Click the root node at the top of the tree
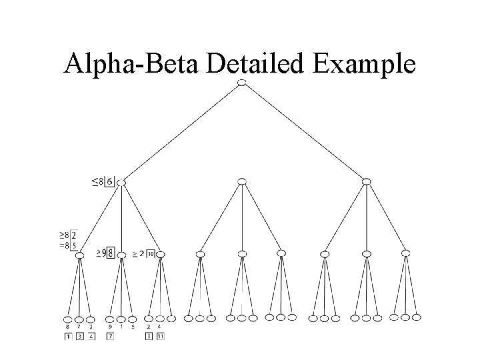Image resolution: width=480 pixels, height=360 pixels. point(242,82)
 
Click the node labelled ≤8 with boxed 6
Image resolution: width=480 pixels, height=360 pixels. point(121,182)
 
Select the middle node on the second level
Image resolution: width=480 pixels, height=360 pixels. point(242,181)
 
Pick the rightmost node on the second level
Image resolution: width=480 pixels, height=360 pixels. point(366,181)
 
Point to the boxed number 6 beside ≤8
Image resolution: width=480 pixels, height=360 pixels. point(110,181)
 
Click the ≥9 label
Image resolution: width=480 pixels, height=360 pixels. point(101,253)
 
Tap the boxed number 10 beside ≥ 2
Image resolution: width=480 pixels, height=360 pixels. point(151,254)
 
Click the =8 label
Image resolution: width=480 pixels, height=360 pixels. point(64,245)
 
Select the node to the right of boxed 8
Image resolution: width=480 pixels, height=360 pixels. point(121,254)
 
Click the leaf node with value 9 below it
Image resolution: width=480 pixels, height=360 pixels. point(110,319)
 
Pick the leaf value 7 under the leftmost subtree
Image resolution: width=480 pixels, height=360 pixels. point(79,327)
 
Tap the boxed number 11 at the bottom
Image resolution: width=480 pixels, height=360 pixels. point(161,337)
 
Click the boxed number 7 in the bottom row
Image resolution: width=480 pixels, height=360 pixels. point(110,337)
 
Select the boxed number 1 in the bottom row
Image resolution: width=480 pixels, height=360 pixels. point(68,337)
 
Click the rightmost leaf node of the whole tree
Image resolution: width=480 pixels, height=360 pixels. point(417,317)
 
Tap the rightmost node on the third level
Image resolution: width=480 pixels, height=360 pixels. point(406,253)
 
